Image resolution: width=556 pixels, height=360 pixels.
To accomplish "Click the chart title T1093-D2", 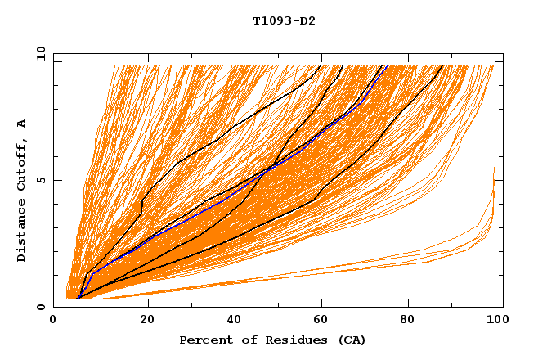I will (x=284, y=21).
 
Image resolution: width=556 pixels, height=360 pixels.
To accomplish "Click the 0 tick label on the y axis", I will (x=41, y=307).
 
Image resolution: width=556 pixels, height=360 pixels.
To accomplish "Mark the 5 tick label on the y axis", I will (x=41, y=180).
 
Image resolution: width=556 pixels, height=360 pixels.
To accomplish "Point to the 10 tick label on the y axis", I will (x=38, y=53).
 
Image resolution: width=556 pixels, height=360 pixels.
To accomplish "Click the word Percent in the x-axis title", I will (x=203, y=340).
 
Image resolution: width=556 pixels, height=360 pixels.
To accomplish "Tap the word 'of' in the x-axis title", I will (x=243, y=340).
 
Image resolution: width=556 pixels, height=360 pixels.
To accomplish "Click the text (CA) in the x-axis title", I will (x=352, y=340).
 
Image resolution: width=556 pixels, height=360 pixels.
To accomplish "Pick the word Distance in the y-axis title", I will (x=22, y=232).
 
